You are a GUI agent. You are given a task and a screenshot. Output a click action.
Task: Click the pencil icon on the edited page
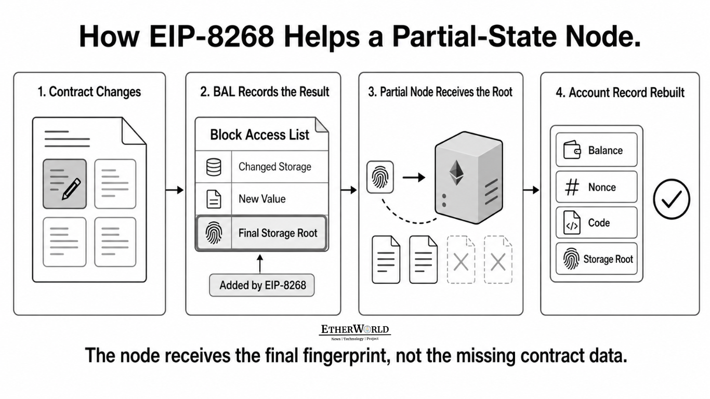[71, 189]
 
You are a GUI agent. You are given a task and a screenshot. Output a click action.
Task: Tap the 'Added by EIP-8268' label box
[262, 285]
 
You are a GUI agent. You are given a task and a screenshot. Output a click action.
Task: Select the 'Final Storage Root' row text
[278, 233]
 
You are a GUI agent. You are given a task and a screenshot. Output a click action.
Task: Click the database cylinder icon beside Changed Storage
[214, 167]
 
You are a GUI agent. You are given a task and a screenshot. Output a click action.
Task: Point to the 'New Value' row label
[262, 199]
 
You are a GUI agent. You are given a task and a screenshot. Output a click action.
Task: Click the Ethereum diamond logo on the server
[456, 172]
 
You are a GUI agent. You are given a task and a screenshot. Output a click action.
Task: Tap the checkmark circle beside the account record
[672, 199]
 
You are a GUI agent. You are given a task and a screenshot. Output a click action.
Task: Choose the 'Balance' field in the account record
[597, 150]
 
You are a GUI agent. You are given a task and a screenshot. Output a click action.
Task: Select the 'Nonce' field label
[602, 188]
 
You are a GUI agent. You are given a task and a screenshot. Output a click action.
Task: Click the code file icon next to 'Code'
[572, 223]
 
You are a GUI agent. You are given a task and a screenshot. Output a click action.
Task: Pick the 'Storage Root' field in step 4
[597, 259]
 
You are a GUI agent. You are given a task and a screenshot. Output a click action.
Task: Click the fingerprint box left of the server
[380, 177]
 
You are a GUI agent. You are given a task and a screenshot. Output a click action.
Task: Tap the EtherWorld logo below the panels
[354, 332]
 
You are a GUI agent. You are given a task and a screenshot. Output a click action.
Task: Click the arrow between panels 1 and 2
[175, 190]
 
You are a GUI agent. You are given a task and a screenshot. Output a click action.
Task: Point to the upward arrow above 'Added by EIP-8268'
[260, 264]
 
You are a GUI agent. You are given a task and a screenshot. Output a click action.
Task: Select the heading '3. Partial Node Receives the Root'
[440, 92]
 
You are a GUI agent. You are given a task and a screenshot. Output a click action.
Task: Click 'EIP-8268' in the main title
[212, 36]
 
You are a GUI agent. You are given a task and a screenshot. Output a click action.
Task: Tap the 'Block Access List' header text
[259, 135]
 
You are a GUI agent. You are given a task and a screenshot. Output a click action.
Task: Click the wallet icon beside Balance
[572, 150]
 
